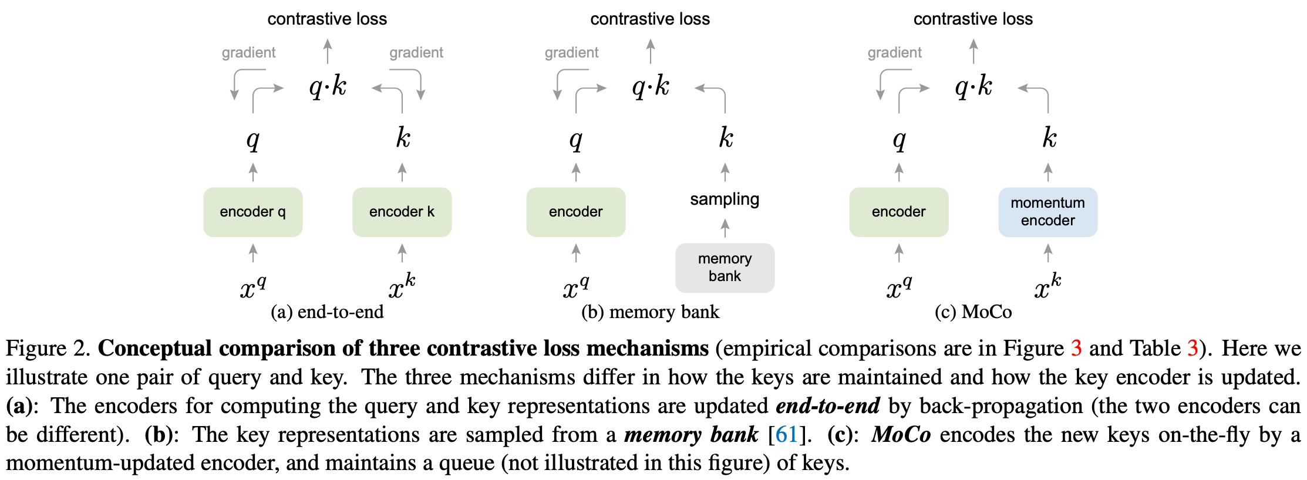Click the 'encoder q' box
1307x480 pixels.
(x=252, y=212)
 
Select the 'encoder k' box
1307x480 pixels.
(x=402, y=212)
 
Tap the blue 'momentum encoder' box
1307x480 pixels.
(x=1047, y=212)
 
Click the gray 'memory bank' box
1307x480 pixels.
(x=725, y=268)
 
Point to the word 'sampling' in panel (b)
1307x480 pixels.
(x=725, y=200)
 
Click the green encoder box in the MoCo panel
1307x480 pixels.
(x=898, y=212)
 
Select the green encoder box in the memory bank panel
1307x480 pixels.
(x=575, y=212)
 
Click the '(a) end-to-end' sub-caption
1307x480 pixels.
(x=327, y=312)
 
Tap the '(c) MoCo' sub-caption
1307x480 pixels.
(x=973, y=312)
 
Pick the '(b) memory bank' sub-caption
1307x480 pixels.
(x=650, y=312)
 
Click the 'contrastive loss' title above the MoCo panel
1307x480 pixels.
(x=973, y=19)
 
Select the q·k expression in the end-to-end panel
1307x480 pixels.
(x=328, y=87)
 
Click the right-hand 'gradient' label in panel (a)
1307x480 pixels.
(x=416, y=53)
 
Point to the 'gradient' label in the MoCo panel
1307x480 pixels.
(x=894, y=53)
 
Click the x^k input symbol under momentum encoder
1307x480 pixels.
(x=1047, y=286)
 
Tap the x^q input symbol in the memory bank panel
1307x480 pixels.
(x=575, y=288)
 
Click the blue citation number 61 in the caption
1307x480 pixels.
(x=786, y=435)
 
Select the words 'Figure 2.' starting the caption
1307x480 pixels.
(x=47, y=349)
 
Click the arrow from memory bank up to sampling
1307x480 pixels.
(x=725, y=228)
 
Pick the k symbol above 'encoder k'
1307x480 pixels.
(x=403, y=138)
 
